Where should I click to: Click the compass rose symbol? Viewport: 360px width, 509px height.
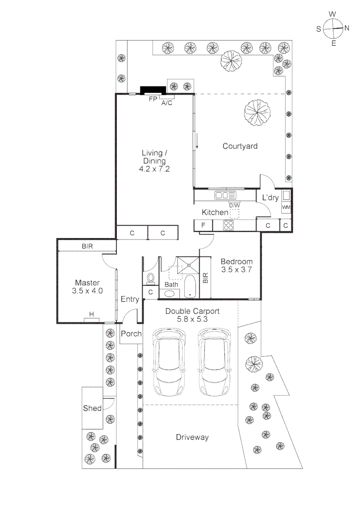click(x=333, y=28)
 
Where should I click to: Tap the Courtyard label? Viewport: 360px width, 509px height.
click(x=240, y=146)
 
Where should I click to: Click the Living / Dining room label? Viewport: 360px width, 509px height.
click(x=155, y=160)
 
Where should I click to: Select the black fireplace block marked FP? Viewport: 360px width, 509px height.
click(x=153, y=90)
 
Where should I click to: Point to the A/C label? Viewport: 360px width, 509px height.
click(x=167, y=103)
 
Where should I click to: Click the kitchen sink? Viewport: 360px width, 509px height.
click(x=225, y=195)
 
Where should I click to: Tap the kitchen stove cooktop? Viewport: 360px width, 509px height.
click(x=229, y=226)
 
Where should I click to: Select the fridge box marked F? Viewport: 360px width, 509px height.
click(x=203, y=226)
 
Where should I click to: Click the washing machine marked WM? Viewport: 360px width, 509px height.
click(x=286, y=207)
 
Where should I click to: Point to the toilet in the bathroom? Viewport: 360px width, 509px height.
click(x=151, y=278)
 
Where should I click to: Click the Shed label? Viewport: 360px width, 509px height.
click(x=92, y=408)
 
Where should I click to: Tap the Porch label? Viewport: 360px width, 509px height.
click(x=131, y=334)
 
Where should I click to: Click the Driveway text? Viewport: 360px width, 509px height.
click(x=192, y=437)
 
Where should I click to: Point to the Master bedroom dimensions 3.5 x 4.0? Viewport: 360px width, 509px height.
click(x=87, y=291)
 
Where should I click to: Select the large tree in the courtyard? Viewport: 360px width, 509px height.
click(x=258, y=113)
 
